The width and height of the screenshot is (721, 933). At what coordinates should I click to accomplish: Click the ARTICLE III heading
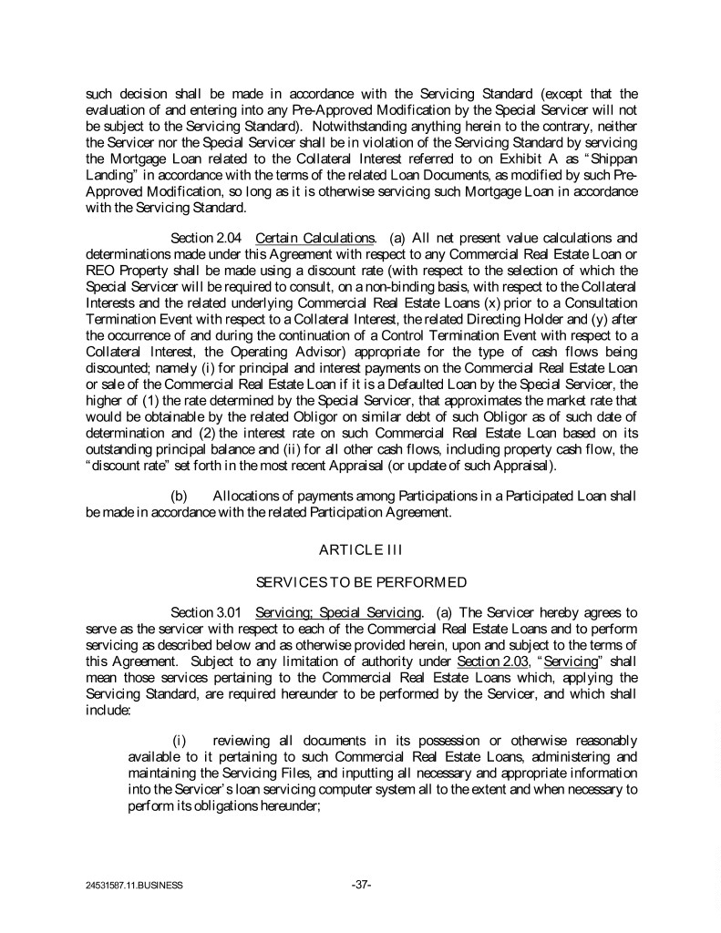pyautogui.click(x=360, y=547)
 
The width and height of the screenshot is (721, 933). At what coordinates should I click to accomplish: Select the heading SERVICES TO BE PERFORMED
pyautogui.click(x=360, y=580)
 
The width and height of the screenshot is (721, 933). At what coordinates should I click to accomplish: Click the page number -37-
pyautogui.click(x=360, y=883)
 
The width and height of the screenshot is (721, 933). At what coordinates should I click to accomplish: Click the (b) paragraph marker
pyautogui.click(x=180, y=496)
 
